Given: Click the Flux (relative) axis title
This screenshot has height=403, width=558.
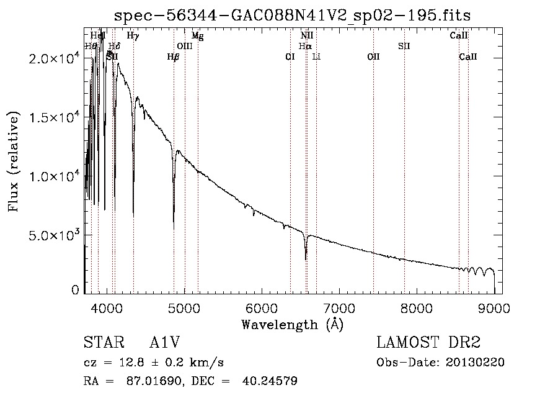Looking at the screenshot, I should [14, 161].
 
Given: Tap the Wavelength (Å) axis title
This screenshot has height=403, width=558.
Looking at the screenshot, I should [292, 324].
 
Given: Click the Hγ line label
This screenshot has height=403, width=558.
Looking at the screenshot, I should [133, 36].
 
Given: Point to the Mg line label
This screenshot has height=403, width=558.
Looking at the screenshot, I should [197, 36].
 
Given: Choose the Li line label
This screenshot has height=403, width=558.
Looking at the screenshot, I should [316, 57].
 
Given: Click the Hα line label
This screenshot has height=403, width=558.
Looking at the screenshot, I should [304, 47].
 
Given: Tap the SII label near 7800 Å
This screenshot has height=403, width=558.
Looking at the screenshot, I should [404, 47].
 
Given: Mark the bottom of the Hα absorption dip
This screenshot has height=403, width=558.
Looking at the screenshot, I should [306, 259].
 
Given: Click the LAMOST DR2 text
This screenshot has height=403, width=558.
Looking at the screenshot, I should [428, 343].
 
